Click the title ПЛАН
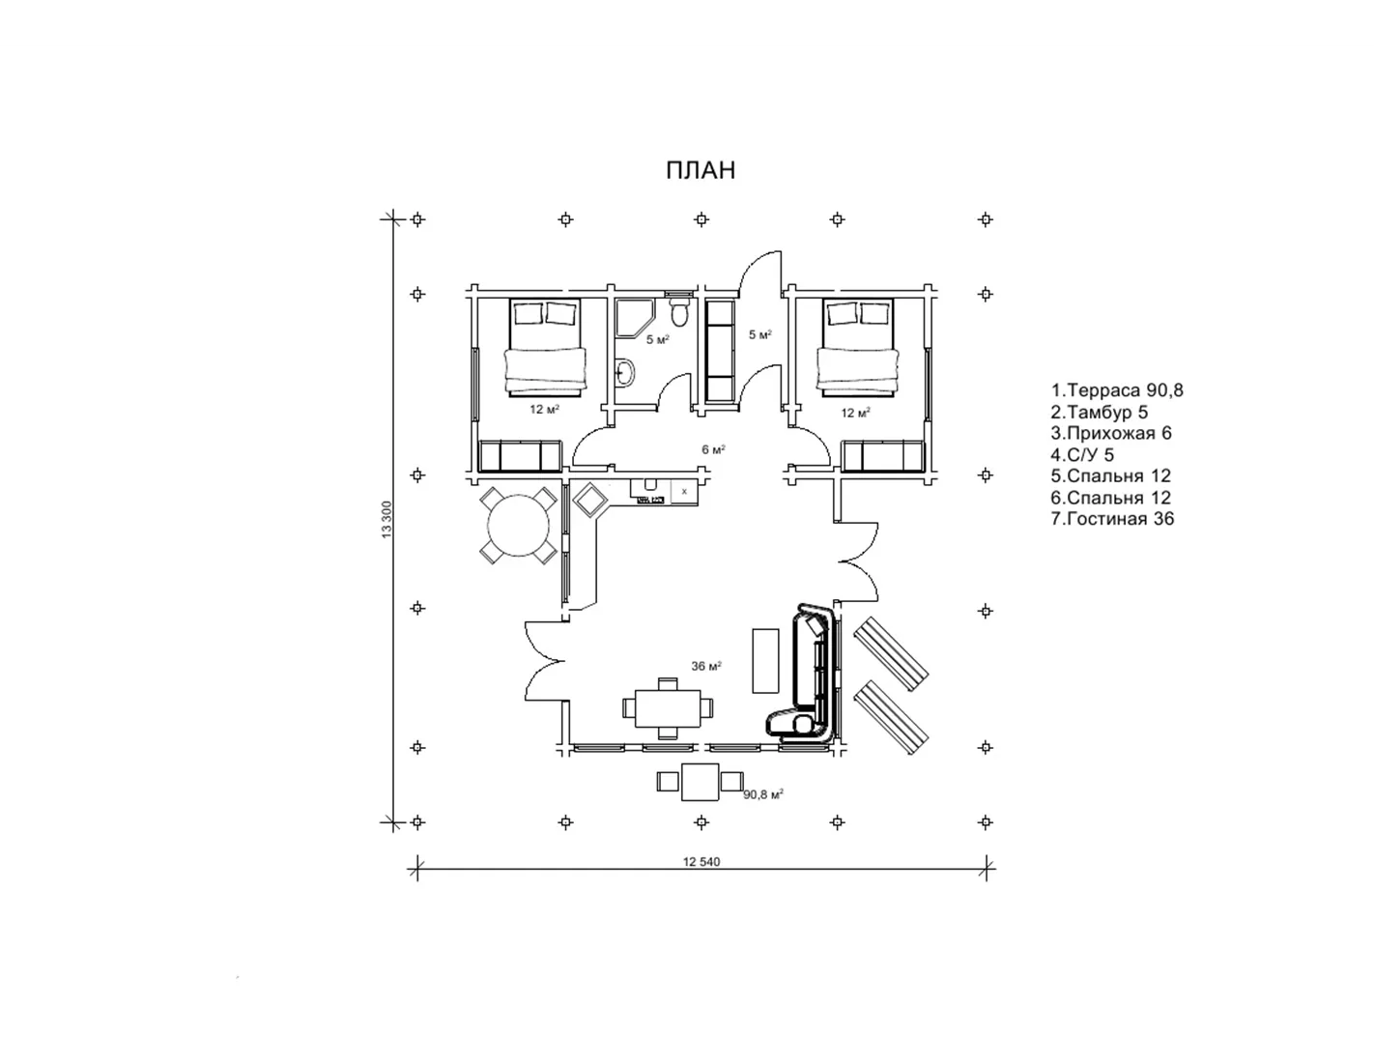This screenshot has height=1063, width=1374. (701, 171)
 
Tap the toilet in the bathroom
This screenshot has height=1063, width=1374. (679, 312)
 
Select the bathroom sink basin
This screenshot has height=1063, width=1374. (624, 373)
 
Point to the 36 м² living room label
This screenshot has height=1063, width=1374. (706, 666)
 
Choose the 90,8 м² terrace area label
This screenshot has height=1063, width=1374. (763, 795)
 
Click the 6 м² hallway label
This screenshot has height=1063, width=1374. (713, 449)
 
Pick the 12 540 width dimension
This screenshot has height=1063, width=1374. (701, 861)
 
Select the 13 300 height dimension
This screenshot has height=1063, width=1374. (386, 520)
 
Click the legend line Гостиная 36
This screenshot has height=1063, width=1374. (1112, 519)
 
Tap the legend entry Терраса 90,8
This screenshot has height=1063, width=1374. (1117, 390)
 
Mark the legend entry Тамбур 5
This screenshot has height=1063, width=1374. (1099, 412)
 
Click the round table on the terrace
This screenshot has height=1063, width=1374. (519, 526)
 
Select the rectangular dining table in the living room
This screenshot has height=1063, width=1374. (668, 708)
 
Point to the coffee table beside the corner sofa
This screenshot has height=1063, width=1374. (765, 660)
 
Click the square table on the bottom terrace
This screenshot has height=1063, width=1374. (700, 782)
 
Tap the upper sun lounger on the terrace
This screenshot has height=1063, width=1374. (892, 654)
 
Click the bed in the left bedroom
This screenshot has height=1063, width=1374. (544, 348)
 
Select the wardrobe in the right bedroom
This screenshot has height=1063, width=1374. (882, 456)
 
